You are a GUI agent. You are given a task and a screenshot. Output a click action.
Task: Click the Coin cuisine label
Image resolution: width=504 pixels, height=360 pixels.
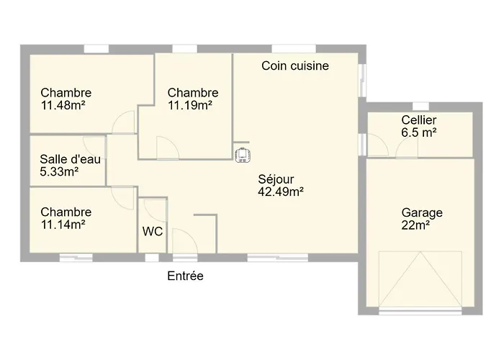pos(295,66)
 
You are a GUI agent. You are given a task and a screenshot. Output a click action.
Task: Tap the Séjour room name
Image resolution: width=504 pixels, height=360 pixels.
pos(276,179)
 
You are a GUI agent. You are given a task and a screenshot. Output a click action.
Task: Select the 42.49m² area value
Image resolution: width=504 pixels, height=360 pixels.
pos(281,192)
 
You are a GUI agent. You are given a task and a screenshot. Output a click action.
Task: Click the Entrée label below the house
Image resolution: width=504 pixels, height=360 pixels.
pos(185,276)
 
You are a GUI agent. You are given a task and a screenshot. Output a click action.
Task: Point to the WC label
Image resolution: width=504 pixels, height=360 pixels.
pos(153,231)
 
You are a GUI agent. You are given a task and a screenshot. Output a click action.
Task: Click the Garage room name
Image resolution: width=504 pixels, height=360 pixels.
pos(422,213)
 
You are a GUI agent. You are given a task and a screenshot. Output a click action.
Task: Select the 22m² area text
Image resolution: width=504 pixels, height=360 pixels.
pos(415,225)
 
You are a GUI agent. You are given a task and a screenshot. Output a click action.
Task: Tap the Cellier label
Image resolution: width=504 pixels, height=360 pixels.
pos(419,120)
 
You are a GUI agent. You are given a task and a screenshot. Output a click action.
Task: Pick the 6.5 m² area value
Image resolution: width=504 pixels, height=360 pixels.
pos(419,132)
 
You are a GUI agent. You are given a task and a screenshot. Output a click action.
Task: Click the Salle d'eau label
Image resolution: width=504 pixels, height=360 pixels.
pos(70,159)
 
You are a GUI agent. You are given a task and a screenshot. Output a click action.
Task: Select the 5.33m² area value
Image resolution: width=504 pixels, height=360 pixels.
pos(59,171)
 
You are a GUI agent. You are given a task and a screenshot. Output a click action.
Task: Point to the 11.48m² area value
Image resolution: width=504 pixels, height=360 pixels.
pos(63,105)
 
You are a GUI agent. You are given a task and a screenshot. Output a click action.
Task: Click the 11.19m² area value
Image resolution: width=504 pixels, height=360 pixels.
pos(190,105)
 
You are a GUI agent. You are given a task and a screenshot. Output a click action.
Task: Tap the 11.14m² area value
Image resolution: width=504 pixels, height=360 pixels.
pos(63,225)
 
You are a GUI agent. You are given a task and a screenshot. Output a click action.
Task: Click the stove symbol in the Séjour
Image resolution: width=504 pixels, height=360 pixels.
pos(243,155)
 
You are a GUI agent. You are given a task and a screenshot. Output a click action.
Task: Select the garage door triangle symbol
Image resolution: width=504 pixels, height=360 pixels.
pos(420,279)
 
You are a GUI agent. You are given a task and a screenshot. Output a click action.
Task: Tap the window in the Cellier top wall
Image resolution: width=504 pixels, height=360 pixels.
pos(420,107)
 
